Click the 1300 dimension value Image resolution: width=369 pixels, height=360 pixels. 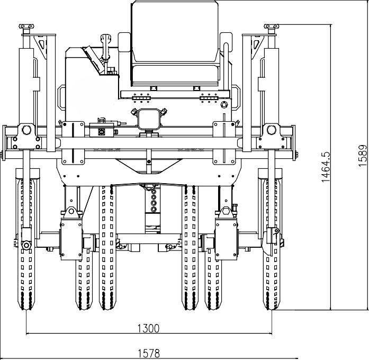pyautogui.click(x=148, y=328)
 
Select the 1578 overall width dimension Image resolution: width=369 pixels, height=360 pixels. pyautogui.click(x=148, y=354)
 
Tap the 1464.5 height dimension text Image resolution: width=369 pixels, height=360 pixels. pyautogui.click(x=326, y=167)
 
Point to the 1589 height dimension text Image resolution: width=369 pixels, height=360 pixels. pyautogui.click(x=363, y=156)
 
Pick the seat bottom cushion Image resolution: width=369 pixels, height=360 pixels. pyautogui.click(x=175, y=75)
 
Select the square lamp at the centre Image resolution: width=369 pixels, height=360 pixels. pyautogui.click(x=149, y=119)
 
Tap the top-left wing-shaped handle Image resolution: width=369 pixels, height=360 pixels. pyautogui.click(x=26, y=26)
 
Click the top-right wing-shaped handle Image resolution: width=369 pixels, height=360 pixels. pyautogui.click(x=272, y=26)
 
